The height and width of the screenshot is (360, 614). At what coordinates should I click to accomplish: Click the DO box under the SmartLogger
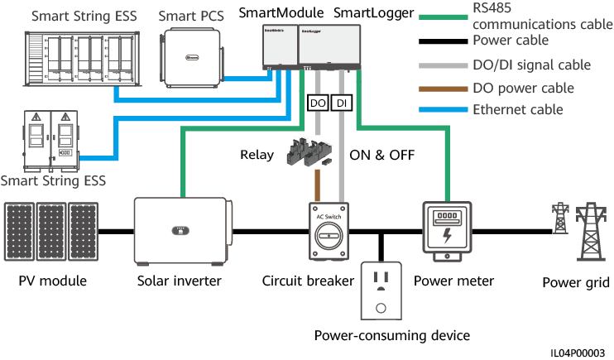point(318,104)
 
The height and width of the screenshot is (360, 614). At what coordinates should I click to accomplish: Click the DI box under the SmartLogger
point(341,104)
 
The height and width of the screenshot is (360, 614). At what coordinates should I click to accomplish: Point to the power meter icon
point(447,231)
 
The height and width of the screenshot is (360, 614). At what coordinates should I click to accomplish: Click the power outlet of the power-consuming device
point(381,291)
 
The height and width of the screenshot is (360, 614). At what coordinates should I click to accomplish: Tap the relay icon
point(314,153)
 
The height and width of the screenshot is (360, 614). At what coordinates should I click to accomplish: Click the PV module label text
point(52,281)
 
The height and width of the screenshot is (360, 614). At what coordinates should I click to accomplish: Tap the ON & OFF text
point(381,155)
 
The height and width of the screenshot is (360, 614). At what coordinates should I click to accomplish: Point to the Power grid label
point(576,283)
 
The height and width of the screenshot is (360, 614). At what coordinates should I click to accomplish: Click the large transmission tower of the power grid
point(588,231)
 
